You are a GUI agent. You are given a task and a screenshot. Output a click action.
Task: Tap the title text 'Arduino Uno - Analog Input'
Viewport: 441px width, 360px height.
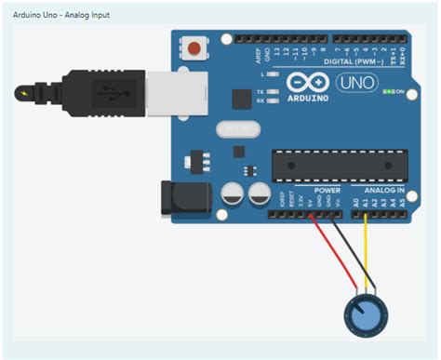coord(58,16)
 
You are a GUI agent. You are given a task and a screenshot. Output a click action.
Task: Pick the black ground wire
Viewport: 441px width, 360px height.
coord(349,251)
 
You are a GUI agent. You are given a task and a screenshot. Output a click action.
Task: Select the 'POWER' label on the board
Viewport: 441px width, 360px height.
coord(327,191)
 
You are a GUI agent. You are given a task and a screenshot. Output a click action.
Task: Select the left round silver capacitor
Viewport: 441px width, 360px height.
coord(233,193)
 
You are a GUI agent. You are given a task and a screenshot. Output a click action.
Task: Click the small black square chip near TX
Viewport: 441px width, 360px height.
coord(239,97)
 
